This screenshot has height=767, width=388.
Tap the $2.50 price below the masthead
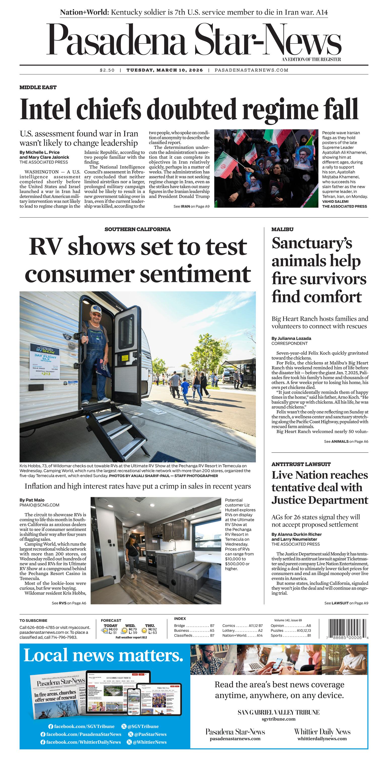[107, 70]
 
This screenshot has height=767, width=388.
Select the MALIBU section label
[282, 229]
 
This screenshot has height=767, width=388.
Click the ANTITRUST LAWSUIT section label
[301, 464]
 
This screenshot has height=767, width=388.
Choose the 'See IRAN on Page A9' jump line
[191, 206]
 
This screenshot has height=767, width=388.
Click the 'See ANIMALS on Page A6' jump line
[346, 441]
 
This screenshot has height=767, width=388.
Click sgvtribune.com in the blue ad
[279, 719]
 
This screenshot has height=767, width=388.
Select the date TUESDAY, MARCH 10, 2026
[165, 70]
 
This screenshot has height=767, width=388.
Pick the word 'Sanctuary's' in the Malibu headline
[312, 243]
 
